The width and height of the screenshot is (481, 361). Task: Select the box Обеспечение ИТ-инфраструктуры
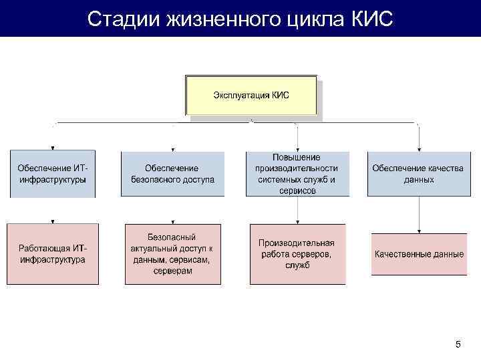[52, 174]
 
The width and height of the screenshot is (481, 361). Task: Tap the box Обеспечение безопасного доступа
[172, 174]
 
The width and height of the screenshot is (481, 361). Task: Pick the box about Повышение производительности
[297, 173]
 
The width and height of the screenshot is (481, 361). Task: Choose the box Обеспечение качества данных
[418, 174]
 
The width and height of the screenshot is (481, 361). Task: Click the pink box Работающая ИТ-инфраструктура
[52, 253]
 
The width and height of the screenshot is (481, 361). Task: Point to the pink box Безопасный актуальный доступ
[172, 254]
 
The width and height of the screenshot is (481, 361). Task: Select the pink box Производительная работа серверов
[297, 254]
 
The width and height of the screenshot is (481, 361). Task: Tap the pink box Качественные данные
[419, 254]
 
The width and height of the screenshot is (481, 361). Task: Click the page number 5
[458, 344]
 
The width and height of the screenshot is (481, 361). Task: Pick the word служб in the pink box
[297, 265]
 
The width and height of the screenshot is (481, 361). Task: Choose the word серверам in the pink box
[172, 271]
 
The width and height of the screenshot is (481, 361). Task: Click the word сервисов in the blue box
[297, 191]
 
